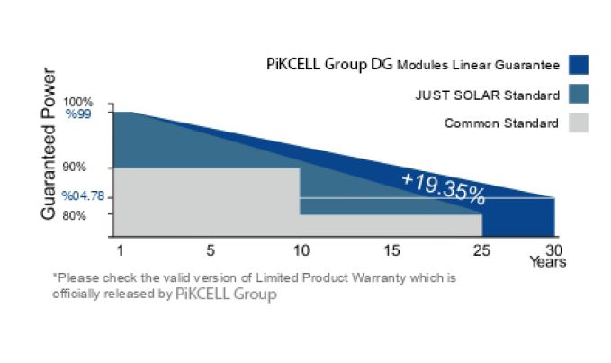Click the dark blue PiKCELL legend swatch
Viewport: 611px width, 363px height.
[x=579, y=65]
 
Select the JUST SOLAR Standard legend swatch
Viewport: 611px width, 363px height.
[x=579, y=94]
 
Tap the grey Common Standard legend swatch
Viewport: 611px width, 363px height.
[x=579, y=123]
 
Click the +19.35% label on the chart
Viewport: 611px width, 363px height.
[x=444, y=189]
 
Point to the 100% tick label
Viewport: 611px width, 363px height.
[x=78, y=102]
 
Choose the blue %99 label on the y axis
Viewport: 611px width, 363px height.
[x=78, y=114]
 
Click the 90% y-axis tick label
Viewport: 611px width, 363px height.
[x=74, y=168]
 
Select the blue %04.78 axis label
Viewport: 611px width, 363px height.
[x=83, y=195]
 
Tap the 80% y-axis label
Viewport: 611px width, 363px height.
[x=74, y=215]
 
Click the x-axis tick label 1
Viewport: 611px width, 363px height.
[x=121, y=250]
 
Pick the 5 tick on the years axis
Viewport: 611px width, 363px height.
[x=211, y=250]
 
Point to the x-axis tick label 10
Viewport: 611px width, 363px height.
[x=301, y=250]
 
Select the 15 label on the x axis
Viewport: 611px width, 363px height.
[x=391, y=250]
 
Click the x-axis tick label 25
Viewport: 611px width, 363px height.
[x=481, y=250]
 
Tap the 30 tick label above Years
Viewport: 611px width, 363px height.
[x=553, y=250]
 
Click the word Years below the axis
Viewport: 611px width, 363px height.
[x=548, y=261]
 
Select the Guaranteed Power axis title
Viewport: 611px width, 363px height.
[x=49, y=144]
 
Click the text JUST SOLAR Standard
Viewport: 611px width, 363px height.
[x=488, y=95]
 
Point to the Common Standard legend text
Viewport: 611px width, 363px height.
[x=501, y=123]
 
